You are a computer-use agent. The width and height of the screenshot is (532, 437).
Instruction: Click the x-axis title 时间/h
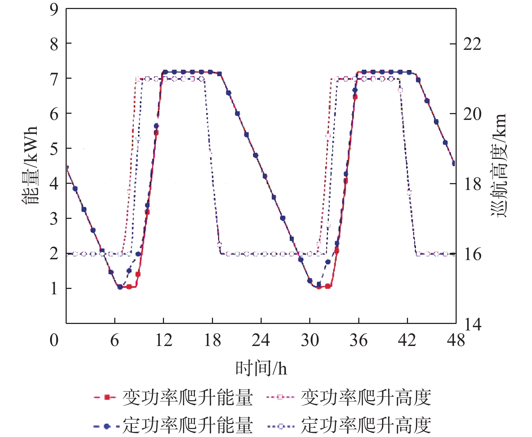(x=261, y=368)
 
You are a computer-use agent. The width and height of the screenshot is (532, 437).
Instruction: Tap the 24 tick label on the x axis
(x=261, y=340)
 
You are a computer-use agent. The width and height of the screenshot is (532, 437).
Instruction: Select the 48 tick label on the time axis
(x=456, y=340)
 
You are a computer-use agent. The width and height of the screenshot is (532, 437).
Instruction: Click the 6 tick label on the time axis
(x=115, y=340)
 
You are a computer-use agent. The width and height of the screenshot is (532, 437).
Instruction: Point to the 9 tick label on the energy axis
(x=54, y=9)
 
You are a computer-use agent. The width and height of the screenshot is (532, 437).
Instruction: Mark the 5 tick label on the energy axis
(x=54, y=148)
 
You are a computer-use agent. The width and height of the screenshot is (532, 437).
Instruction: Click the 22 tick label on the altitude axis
(x=472, y=44)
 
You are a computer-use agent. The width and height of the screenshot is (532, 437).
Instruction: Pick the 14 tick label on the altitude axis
(x=472, y=324)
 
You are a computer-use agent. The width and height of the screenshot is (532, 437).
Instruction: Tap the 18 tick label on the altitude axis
(x=472, y=184)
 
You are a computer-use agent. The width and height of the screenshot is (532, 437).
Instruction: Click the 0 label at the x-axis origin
(x=54, y=340)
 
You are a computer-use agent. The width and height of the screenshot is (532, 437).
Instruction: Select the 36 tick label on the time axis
(x=358, y=340)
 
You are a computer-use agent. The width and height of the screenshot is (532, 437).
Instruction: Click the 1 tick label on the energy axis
(x=54, y=289)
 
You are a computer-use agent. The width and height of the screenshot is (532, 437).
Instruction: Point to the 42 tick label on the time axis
(x=407, y=340)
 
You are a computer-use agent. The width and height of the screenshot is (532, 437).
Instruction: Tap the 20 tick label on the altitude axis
(x=472, y=114)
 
